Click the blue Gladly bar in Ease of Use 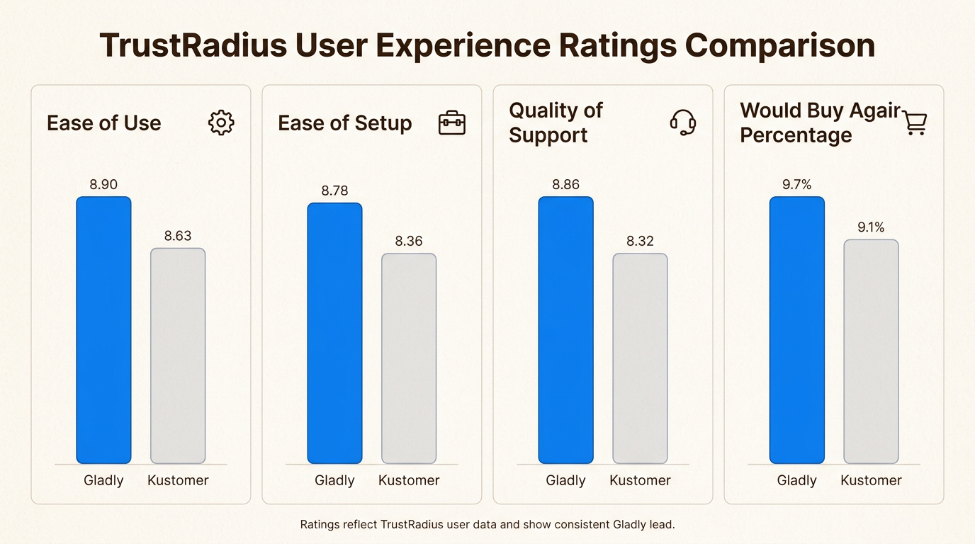pos(103,330)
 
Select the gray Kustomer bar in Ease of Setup pos(409,358)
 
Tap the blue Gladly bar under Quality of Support pos(565,330)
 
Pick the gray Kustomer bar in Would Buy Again pos(871,351)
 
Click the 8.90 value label pos(103,185)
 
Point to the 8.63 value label pos(178,236)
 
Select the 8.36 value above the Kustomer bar pos(409,242)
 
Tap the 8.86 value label pos(565,185)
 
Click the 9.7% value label pos(797,185)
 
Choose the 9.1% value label pos(871,227)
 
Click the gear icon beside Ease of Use pos(221,123)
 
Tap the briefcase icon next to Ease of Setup pos(452,123)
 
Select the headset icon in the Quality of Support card pos(683,123)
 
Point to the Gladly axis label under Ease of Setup pos(334,480)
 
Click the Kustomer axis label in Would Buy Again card pos(871,480)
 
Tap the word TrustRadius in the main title pos(193,45)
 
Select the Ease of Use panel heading pos(104,123)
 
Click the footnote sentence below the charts pos(487,525)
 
